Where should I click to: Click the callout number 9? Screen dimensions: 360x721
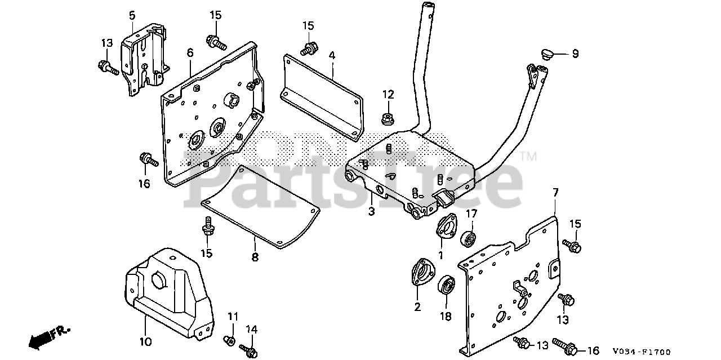pos(575,54)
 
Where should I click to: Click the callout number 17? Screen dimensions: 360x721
pos(471,214)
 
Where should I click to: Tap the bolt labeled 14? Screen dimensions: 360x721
pos(247,349)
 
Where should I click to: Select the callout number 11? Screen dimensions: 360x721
pos(233,316)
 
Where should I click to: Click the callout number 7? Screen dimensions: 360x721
pos(555,193)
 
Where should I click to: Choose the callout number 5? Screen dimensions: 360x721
pos(132,14)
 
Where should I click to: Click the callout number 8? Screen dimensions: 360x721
pos(255,257)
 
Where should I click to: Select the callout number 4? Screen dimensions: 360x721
pos(332,55)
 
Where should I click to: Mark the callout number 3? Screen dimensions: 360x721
pos(371,212)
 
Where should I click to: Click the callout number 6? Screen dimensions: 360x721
pos(190,53)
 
